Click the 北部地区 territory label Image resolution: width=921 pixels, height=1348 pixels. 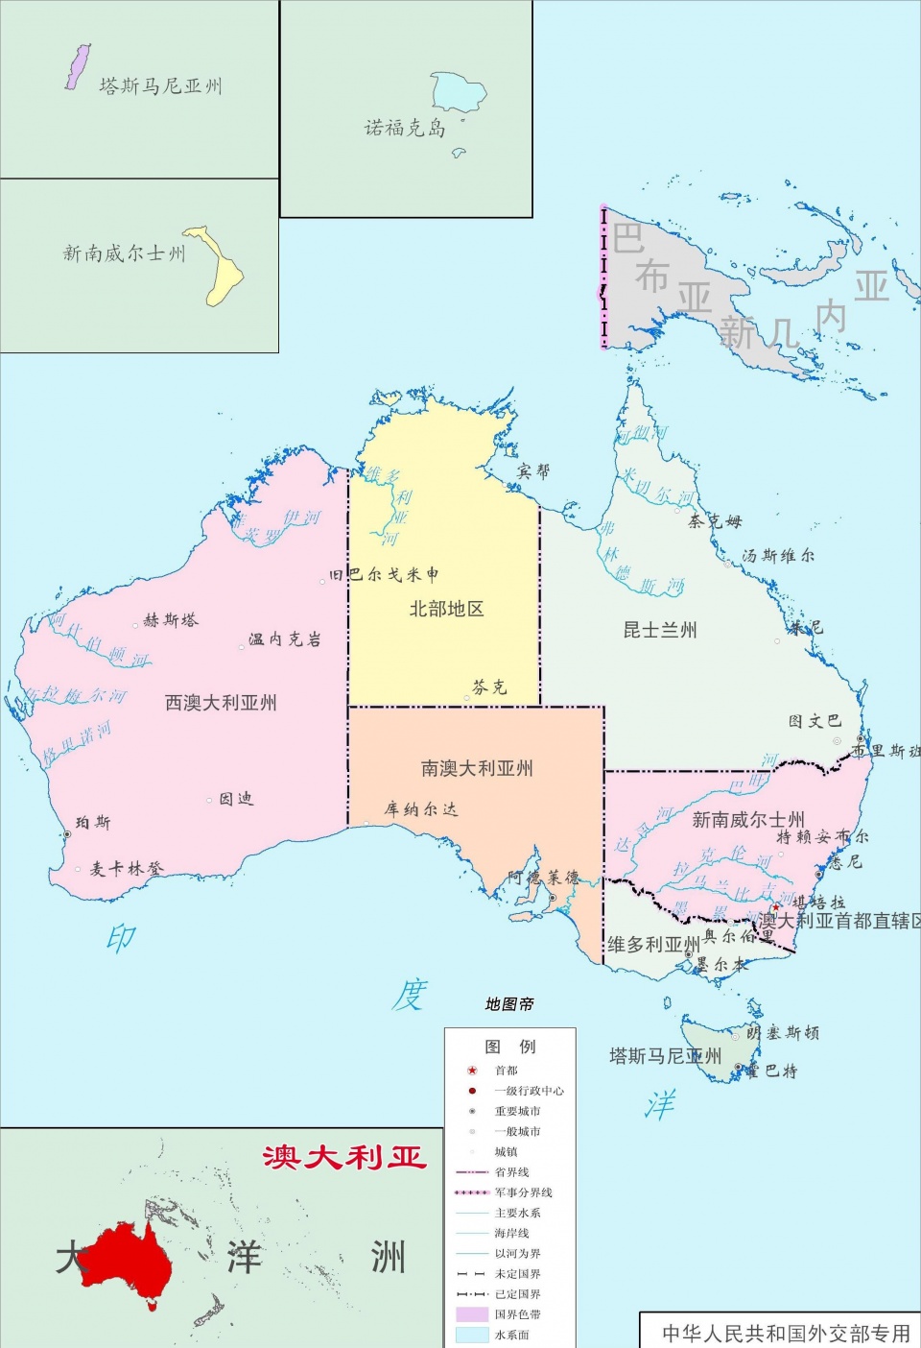[446, 609]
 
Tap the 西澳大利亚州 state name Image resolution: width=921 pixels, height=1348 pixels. [221, 703]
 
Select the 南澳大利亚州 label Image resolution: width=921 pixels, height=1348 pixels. [477, 768]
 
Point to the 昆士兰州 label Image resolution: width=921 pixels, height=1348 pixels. [660, 630]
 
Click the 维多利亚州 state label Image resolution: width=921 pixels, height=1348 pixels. [653, 945]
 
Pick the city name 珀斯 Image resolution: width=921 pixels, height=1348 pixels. [94, 823]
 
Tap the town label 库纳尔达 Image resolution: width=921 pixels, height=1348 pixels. [421, 809]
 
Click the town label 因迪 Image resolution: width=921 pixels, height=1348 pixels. [236, 799]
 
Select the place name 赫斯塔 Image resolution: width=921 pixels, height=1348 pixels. [171, 620]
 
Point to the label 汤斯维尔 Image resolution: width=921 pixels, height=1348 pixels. [778, 555]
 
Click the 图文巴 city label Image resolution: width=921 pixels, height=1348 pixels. [815, 721]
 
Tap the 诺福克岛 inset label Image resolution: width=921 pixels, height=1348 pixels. [405, 128]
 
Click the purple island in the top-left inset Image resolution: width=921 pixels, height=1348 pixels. [77, 67]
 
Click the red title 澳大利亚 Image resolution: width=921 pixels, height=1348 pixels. [343, 1157]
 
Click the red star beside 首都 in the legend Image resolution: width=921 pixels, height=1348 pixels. [472, 1071]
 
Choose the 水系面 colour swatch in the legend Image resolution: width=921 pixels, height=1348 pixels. [472, 1335]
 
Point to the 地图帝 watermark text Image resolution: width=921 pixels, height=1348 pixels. [509, 1004]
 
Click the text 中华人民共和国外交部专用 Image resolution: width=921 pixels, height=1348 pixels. [786, 1334]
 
